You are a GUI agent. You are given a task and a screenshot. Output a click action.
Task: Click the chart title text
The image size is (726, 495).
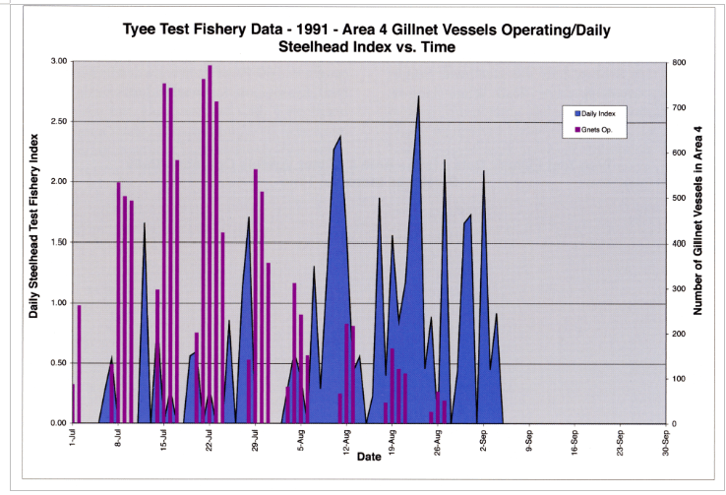coord(366,37)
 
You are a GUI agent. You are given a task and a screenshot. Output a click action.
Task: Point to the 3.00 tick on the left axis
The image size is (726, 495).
coord(58,61)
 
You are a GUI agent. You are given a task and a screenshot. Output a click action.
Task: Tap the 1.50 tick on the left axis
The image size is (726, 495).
coord(58,242)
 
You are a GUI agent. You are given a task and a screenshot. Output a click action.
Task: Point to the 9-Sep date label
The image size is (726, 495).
coord(529,439)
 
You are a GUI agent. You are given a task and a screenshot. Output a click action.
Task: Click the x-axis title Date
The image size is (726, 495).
coord(370,457)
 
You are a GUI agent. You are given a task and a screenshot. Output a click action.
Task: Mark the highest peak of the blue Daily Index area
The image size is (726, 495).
coord(418,97)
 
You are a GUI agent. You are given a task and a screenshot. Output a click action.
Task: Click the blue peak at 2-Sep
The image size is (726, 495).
coord(484,173)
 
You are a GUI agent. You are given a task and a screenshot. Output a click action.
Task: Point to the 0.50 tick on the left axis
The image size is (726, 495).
coord(58,363)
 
